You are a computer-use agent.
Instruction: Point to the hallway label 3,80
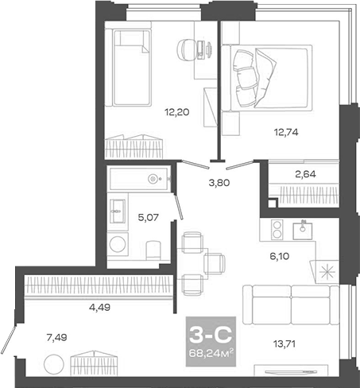point(219,181)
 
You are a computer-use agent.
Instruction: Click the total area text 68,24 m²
point(204,347)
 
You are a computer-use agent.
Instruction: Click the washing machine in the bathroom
point(118,243)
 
